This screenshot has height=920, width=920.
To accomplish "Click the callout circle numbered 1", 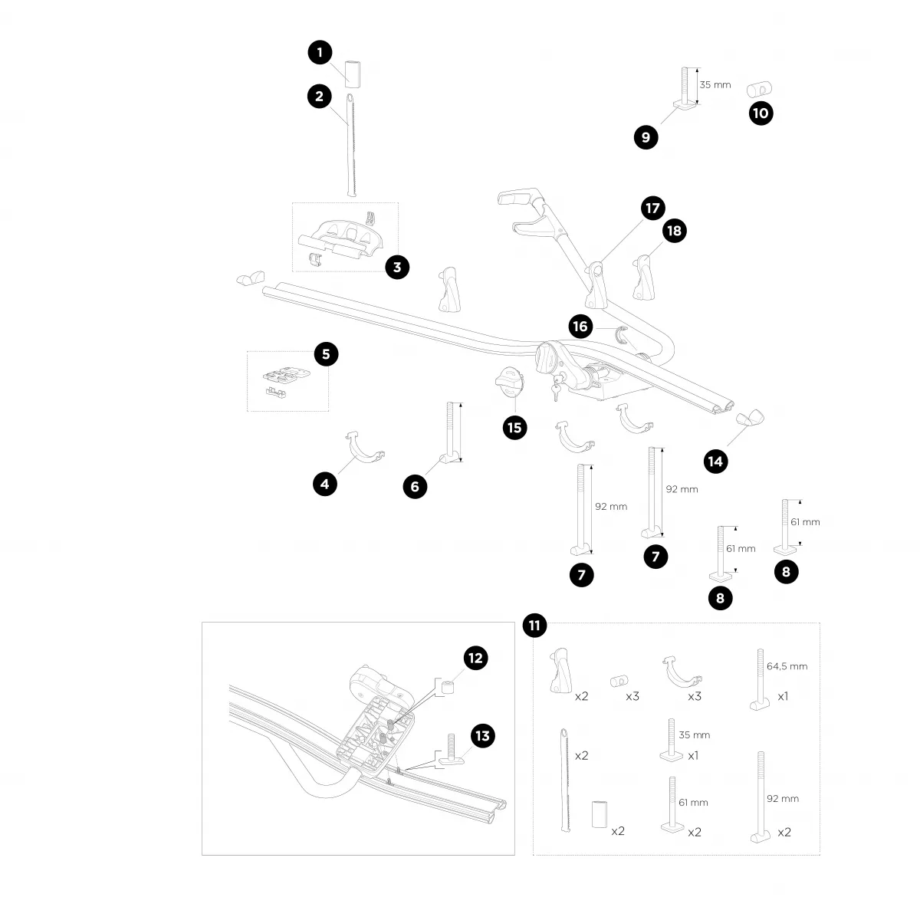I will [320, 52].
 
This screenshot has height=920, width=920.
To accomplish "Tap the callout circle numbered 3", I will [397, 267].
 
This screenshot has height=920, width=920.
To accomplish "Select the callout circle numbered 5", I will [326, 353].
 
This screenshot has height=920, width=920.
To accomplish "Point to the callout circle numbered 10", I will [761, 113].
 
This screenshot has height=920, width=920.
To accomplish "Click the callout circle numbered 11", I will [534, 626].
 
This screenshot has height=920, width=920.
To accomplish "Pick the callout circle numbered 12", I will [475, 657].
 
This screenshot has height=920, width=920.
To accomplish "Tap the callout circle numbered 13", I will [482, 736].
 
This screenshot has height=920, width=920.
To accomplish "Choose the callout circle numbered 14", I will [716, 461].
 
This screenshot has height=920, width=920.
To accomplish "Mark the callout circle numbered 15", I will [514, 427].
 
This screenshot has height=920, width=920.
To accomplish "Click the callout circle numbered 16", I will [580, 327].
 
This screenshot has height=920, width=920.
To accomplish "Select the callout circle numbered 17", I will [653, 208].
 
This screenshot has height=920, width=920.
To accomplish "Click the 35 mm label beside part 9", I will [716, 85].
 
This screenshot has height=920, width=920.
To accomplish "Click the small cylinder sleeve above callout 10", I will [759, 88].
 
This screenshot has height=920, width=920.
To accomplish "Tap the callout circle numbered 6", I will [415, 485].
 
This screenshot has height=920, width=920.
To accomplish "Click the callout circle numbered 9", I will [646, 137].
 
